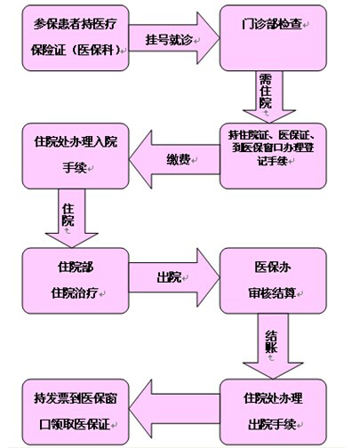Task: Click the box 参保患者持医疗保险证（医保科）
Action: (76, 38)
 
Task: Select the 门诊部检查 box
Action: (273, 38)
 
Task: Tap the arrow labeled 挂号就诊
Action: (174, 38)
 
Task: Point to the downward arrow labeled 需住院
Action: (269, 97)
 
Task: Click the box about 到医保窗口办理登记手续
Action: (273, 156)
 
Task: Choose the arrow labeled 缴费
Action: (174, 159)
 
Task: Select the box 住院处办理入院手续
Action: (76, 156)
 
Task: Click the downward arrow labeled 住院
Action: (72, 218)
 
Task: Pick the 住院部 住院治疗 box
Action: (76, 281)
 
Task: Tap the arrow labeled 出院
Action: (174, 278)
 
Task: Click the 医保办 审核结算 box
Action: (273, 281)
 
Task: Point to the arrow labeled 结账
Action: (273, 346)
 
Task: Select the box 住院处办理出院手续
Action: (273, 412)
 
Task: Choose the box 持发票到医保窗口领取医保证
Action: (76, 412)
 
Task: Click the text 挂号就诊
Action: (169, 40)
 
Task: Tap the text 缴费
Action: (178, 160)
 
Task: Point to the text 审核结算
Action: (272, 293)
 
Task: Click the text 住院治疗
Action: (75, 293)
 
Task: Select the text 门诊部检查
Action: (272, 24)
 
